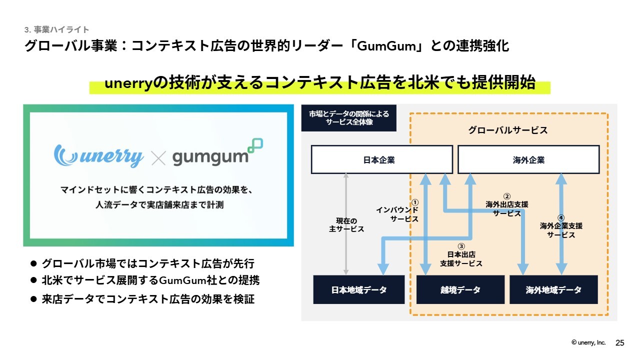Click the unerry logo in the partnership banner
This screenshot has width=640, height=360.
point(98,155)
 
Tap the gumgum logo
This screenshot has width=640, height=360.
point(217,152)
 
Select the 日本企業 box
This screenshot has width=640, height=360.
point(382,159)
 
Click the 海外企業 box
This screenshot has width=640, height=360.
point(528,159)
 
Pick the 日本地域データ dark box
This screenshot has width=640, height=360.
point(359,289)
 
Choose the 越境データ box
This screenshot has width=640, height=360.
point(460,289)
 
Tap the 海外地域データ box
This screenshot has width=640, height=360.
point(553,289)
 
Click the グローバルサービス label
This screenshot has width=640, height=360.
point(507,130)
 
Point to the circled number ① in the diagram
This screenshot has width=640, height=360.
point(415,202)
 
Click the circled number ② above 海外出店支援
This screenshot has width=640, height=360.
point(507,196)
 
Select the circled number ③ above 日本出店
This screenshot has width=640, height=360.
point(461,246)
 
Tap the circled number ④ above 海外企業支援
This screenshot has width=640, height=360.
point(561,218)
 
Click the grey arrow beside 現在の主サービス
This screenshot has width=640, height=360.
point(346,224)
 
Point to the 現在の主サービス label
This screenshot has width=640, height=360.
point(346,225)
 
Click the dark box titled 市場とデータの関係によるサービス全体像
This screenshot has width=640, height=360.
point(349,118)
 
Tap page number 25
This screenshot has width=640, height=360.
point(619,343)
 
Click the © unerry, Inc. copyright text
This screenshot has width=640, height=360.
point(588,342)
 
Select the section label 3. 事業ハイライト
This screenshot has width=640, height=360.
point(57,29)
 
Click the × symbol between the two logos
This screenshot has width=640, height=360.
point(158,158)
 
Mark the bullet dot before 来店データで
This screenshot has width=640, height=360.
point(33,299)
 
